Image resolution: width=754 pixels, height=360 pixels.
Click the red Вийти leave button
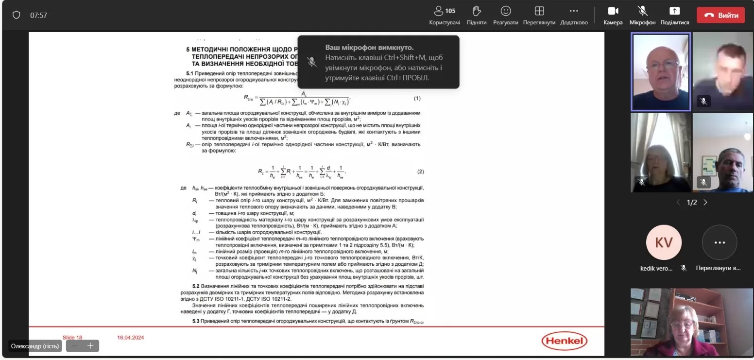pos(720,15)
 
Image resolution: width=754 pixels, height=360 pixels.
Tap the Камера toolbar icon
pos(613,11)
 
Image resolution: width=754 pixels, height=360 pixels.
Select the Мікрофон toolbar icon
pos(642,11)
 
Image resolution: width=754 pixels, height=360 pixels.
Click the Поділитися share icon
pos(674,11)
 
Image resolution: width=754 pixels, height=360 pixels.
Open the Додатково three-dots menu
pos(574,11)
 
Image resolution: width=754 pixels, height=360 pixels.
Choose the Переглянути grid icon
pos(539,11)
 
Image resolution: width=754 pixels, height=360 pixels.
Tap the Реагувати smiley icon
pos(506,11)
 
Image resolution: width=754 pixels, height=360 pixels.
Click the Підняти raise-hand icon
pos(477,11)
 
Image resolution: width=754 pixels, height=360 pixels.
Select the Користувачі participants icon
pos(439,11)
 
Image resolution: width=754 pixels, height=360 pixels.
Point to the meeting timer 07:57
pos(39,15)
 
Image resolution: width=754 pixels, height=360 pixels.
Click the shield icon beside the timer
pos(17,15)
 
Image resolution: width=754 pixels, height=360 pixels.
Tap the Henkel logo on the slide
pos(565,341)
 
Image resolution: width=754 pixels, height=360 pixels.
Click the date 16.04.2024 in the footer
pos(131,337)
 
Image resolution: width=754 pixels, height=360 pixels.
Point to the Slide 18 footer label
pos(72,337)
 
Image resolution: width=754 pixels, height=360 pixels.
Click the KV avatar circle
pos(663,242)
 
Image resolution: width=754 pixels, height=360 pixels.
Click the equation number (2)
pos(421,172)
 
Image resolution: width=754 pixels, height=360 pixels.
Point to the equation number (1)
pos(417,99)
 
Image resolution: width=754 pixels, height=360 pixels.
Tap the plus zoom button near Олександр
pos(90,346)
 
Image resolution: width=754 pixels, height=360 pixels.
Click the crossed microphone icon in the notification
pos(312,62)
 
